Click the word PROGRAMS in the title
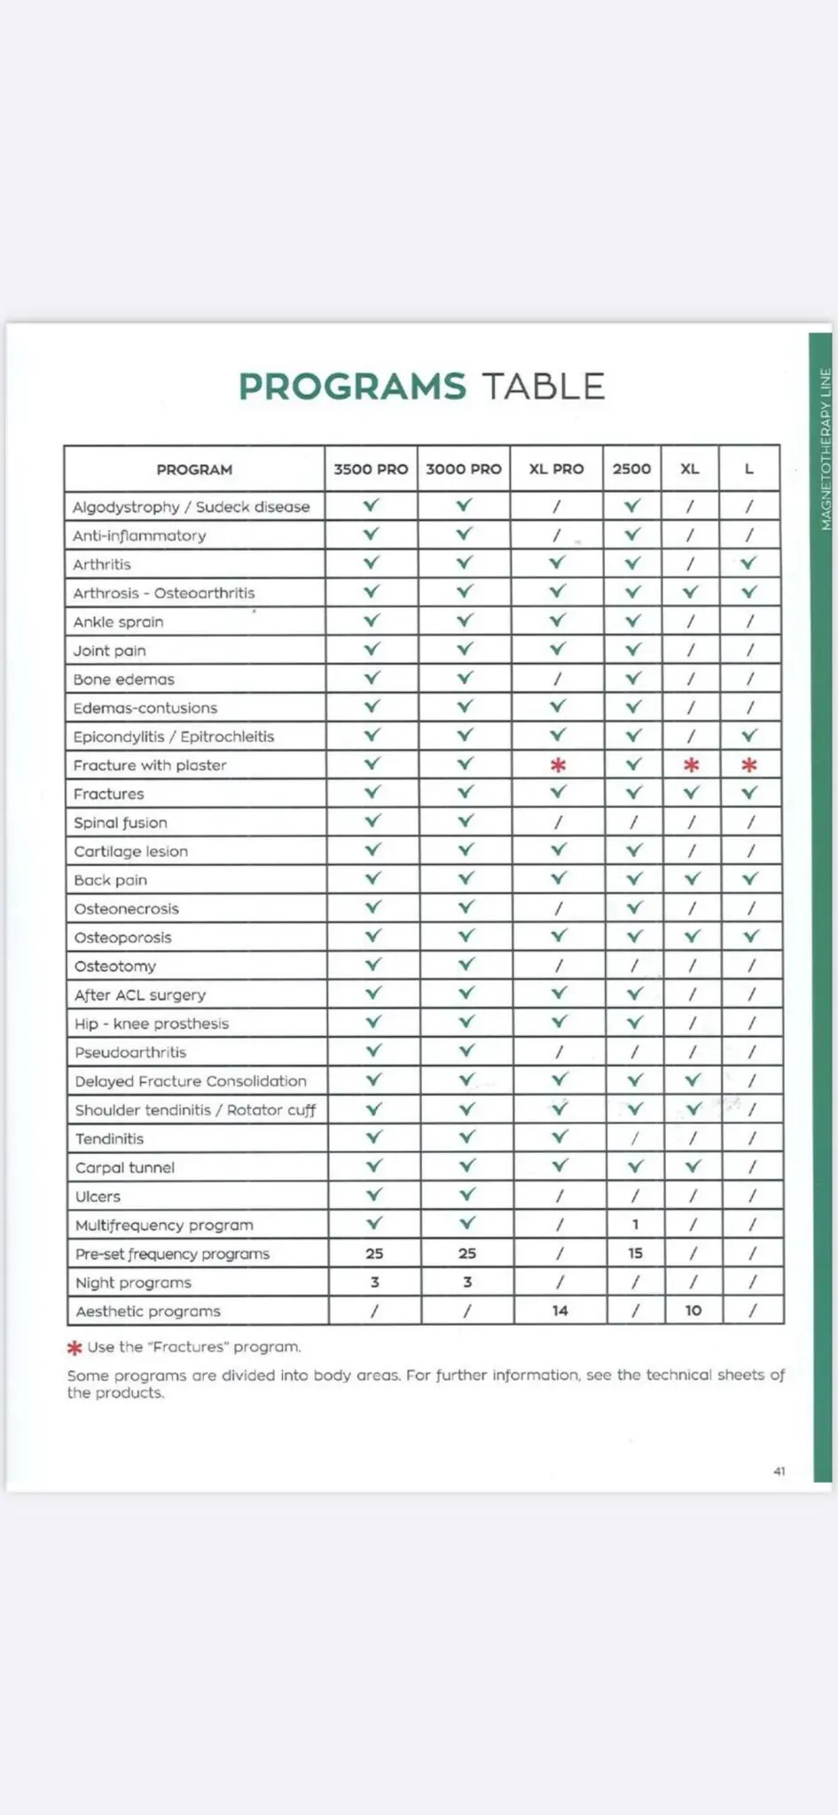[352, 387]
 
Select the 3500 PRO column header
[371, 469]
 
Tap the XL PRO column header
[556, 469]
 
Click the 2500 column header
[631, 469]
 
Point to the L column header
[749, 469]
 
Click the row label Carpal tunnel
[125, 1167]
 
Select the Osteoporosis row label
[123, 938]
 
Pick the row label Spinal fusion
[121, 822]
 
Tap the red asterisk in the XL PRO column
[558, 765]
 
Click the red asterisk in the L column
[749, 765]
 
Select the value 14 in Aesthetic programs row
[560, 1311]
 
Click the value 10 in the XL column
[693, 1311]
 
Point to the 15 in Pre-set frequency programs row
[635, 1253]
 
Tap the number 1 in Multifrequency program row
[635, 1225]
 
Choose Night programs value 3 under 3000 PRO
[467, 1282]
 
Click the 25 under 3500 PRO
[374, 1253]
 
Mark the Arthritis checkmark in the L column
[749, 563]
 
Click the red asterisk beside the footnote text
[74, 1348]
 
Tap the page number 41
[779, 1471]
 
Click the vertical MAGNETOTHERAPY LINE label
[826, 449]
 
